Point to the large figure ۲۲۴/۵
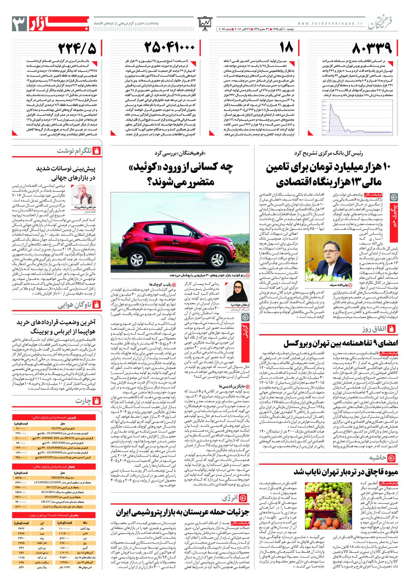click(x=77, y=49)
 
